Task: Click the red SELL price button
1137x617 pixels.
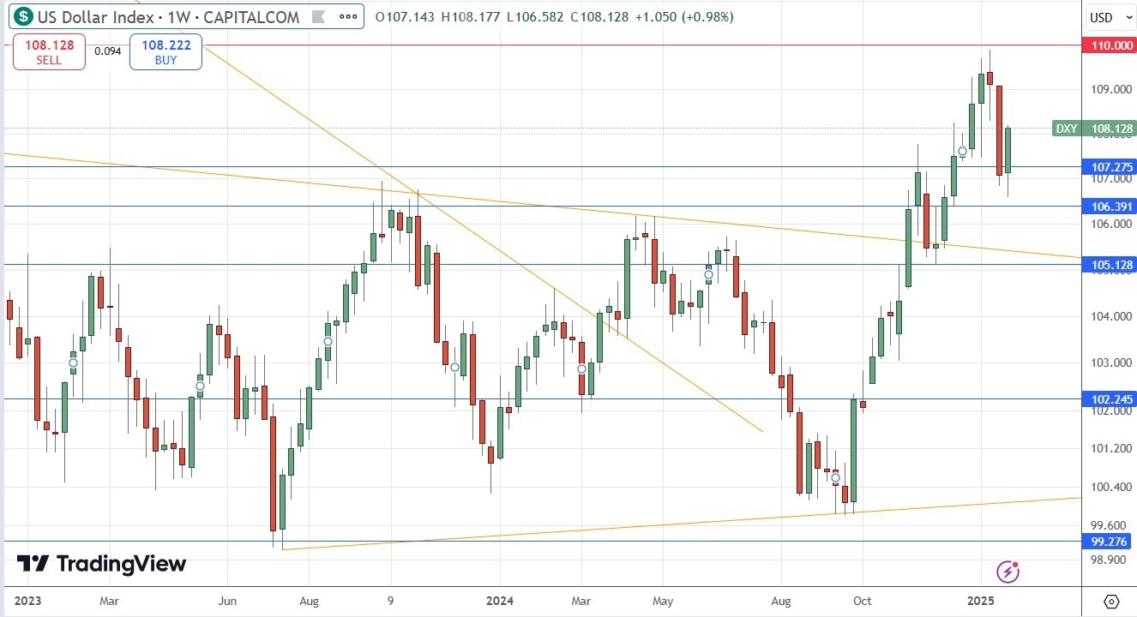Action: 49,51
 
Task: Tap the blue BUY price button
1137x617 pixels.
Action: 165,51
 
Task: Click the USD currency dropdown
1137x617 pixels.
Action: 1107,17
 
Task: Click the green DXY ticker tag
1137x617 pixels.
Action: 1066,129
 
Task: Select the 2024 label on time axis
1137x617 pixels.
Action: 498,601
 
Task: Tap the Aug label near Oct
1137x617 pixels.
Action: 780,601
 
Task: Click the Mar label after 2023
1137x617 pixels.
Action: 108,601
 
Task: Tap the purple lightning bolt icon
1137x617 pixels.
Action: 1009,571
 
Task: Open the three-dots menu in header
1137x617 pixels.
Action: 347,16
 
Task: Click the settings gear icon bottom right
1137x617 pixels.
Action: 1111,601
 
